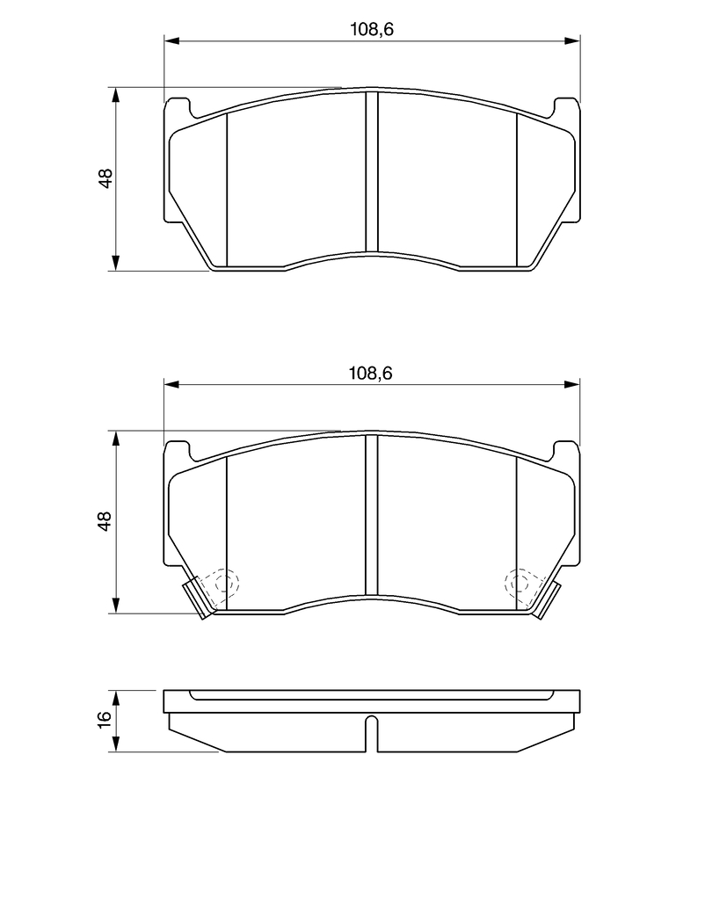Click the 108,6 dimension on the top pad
point(372,29)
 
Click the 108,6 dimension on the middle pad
point(371,374)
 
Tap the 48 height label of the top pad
point(105,178)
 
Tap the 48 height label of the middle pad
point(105,521)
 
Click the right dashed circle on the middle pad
point(519,584)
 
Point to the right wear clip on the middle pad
point(546,599)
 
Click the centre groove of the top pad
point(372,171)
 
